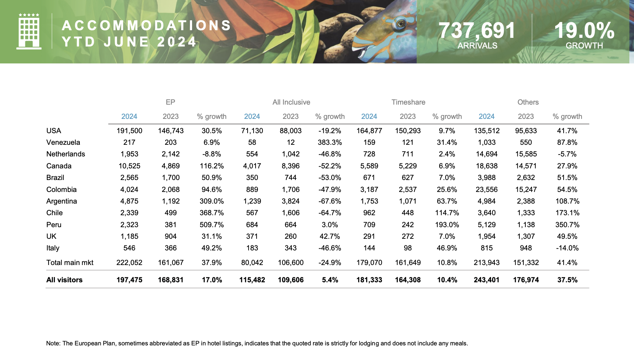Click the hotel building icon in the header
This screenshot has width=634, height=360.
point(29,32)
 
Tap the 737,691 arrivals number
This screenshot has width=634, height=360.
point(477,31)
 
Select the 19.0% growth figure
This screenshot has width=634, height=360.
point(584,31)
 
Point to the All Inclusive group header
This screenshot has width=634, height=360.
point(291,102)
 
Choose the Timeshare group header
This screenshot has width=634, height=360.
point(408,102)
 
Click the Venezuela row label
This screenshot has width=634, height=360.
point(63,142)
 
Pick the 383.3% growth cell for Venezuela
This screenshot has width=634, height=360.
point(330,142)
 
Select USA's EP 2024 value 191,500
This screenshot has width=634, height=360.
point(129,131)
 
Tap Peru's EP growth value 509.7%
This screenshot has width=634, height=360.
point(212,225)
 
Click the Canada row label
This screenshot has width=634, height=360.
point(59,166)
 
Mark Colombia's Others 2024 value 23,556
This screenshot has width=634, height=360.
point(486,190)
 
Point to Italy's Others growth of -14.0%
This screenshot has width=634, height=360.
point(567,248)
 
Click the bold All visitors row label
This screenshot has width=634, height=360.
point(64,280)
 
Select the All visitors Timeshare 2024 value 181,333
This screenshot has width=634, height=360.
point(369,280)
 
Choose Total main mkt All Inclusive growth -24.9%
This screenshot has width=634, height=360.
point(330,263)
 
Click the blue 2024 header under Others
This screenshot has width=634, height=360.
point(486,117)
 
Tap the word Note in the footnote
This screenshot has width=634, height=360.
point(53,343)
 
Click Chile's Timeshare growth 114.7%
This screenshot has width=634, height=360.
point(447,213)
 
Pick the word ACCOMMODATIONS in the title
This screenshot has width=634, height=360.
point(147,26)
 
